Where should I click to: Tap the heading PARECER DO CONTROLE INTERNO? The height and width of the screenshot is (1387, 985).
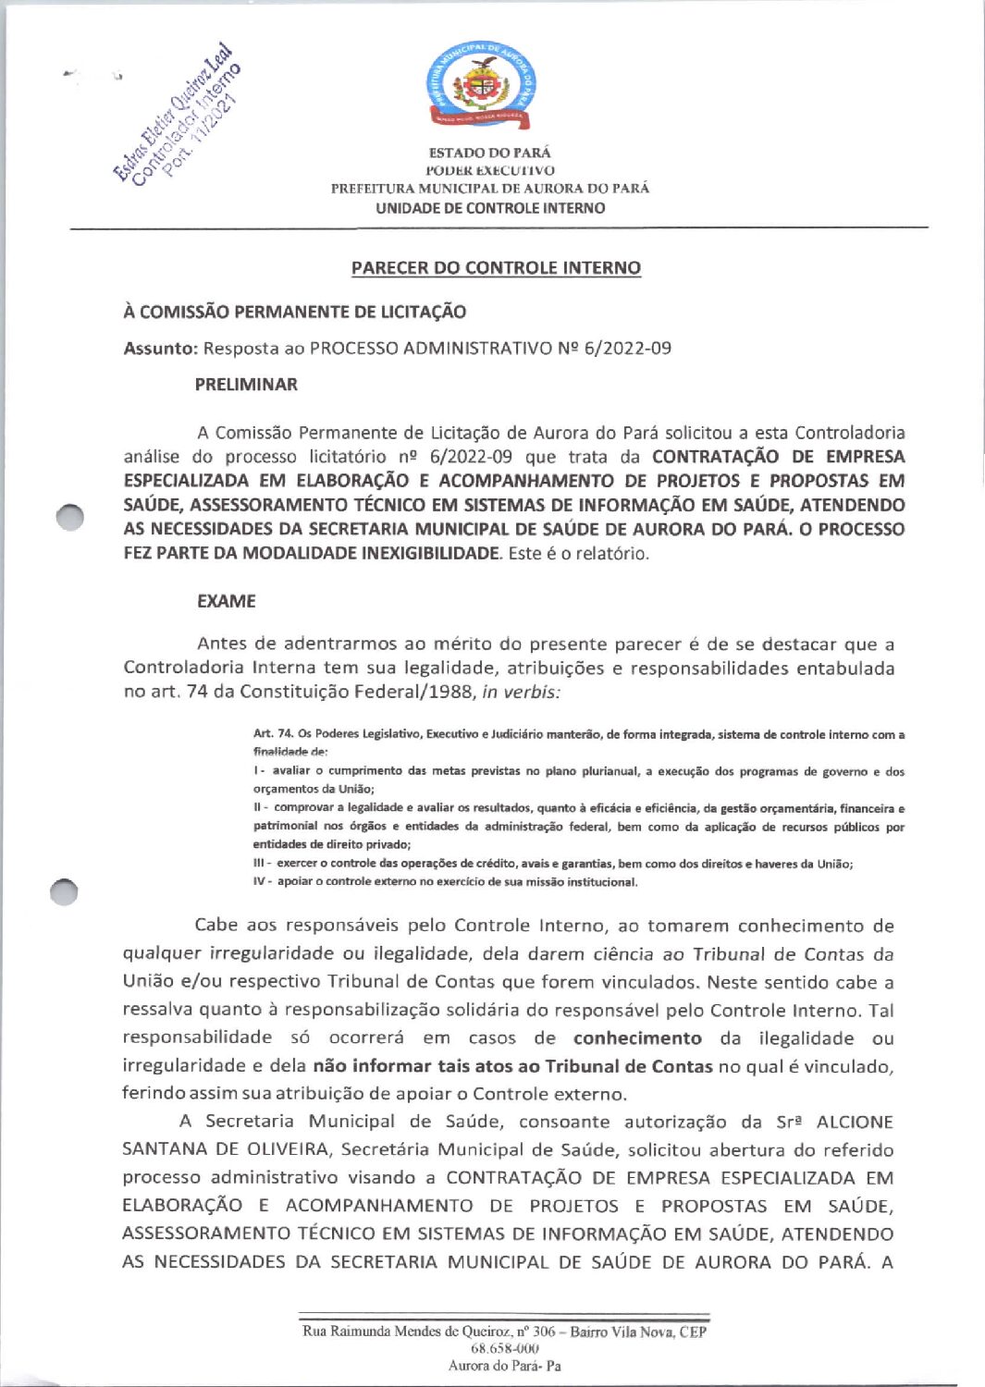pyautogui.click(x=496, y=268)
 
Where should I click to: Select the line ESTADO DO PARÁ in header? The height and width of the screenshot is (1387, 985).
pyautogui.click(x=489, y=153)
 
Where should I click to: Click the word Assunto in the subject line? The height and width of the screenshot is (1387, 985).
pyautogui.click(x=160, y=349)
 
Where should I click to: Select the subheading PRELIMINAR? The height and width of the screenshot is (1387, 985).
pyautogui.click(x=246, y=385)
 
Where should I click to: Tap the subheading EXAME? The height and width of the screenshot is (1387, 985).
pyautogui.click(x=227, y=601)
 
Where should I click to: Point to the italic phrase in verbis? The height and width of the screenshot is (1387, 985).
pyautogui.click(x=521, y=692)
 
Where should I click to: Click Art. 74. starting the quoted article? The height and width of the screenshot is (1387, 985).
pyautogui.click(x=273, y=734)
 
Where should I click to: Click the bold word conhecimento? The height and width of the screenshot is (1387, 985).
pyautogui.click(x=636, y=1038)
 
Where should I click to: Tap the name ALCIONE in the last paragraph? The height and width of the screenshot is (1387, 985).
pyautogui.click(x=855, y=1123)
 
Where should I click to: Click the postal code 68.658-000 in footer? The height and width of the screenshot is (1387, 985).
pyautogui.click(x=504, y=1349)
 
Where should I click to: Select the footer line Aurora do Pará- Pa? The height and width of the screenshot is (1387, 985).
pyautogui.click(x=504, y=1366)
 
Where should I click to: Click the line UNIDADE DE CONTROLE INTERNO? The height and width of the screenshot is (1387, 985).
pyautogui.click(x=490, y=208)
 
